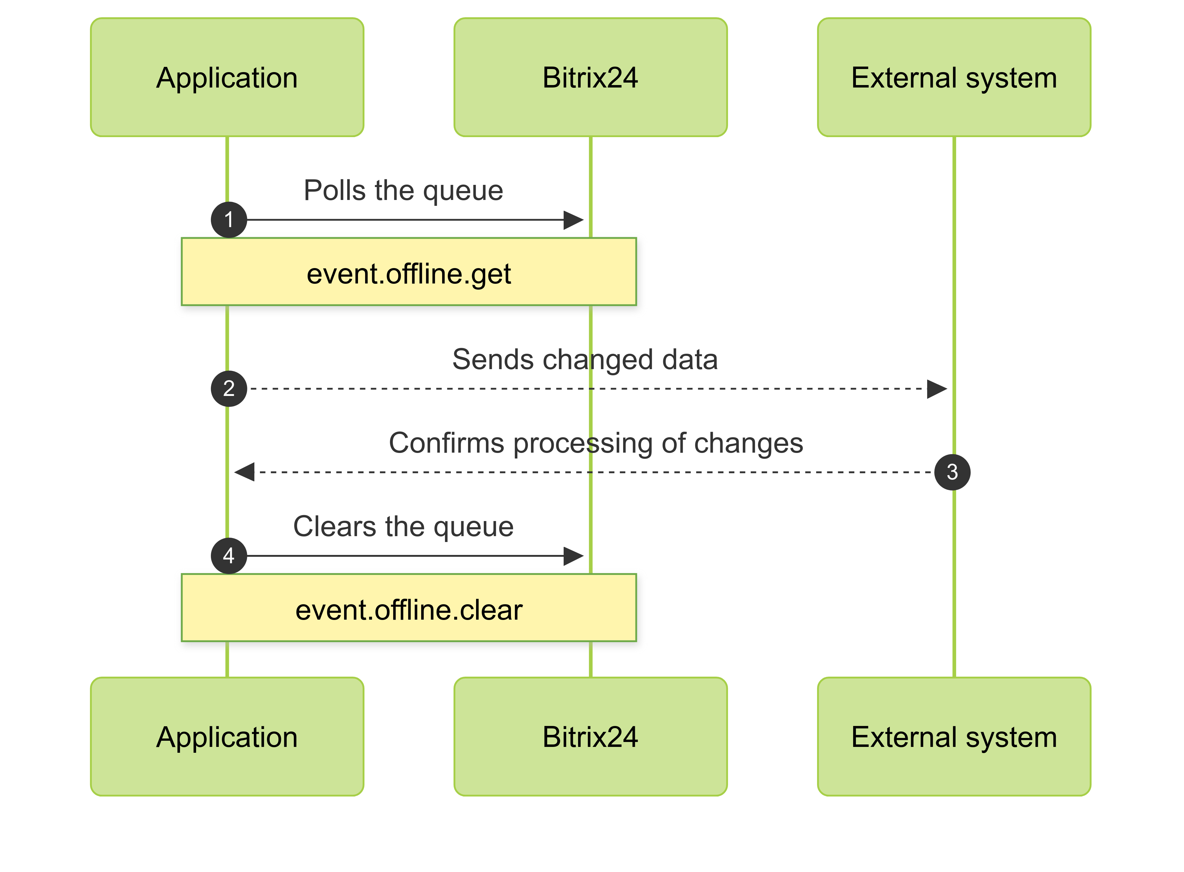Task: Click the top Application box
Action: [227, 78]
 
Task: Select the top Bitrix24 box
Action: [590, 78]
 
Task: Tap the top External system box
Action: [953, 78]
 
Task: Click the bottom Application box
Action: [227, 736]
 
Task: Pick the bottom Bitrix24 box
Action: [590, 736]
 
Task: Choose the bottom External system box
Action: [953, 736]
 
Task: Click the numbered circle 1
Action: [229, 220]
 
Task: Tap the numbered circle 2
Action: [229, 389]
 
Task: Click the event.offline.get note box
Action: [409, 272]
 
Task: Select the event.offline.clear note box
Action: [409, 608]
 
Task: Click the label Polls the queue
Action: [404, 190]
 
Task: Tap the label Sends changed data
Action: [585, 360]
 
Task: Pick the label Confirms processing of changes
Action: [596, 443]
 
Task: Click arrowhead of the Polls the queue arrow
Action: [574, 220]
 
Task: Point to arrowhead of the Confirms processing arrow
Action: [244, 472]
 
